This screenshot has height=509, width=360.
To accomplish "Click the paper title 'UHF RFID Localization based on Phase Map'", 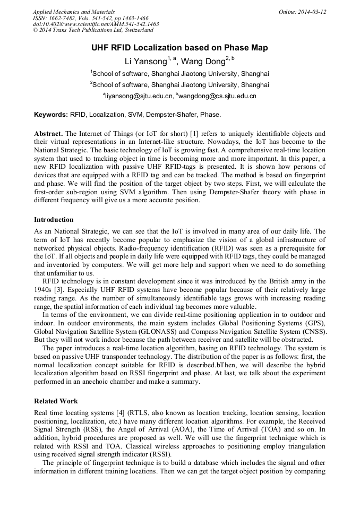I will [179, 48].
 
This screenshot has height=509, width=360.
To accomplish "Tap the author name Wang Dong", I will [203, 62].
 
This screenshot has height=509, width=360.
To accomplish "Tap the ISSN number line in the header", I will [91, 18].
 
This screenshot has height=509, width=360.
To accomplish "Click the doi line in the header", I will [96, 24].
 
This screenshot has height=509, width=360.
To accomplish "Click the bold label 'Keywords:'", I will [51, 115].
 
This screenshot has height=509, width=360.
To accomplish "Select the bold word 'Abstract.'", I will [49, 134].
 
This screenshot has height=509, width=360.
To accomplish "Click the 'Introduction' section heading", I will [54, 220].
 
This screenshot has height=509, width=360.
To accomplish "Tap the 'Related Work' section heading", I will [56, 401].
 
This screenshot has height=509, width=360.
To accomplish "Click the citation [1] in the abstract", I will [194, 134].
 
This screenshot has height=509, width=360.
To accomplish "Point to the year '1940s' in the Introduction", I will [44, 289].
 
